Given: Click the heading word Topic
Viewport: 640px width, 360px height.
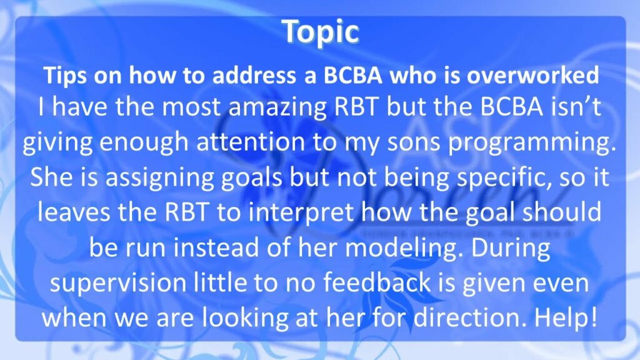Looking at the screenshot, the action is pos(321,32).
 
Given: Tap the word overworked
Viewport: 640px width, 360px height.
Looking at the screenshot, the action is pos(532,76).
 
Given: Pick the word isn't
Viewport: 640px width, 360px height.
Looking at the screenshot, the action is pos(576,107).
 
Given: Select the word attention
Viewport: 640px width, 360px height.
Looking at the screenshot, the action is pos(251,142).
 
